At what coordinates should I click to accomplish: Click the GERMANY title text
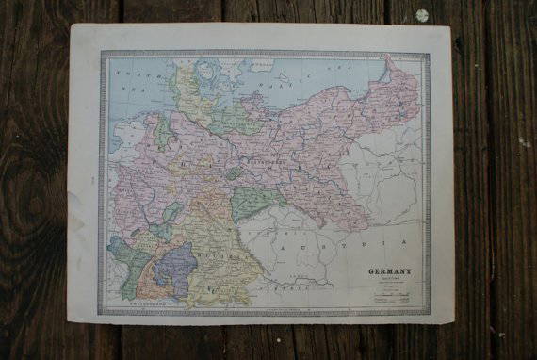tap(388, 272)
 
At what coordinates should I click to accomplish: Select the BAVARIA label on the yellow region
tap(226, 253)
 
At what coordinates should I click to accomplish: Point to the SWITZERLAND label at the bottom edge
tap(141, 306)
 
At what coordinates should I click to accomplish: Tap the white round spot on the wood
tap(421, 15)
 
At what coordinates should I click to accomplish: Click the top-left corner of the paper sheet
tap(73, 25)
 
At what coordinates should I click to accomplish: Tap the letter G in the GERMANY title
tap(371, 272)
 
